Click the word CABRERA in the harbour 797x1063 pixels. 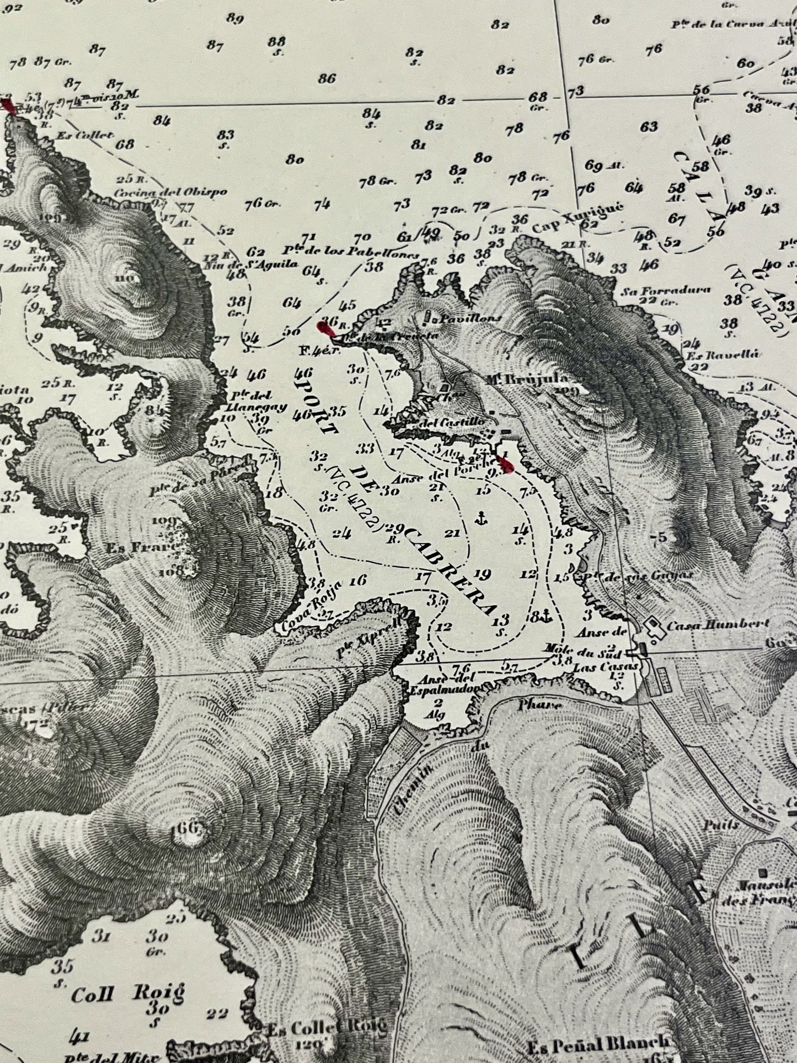[x=450, y=571]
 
